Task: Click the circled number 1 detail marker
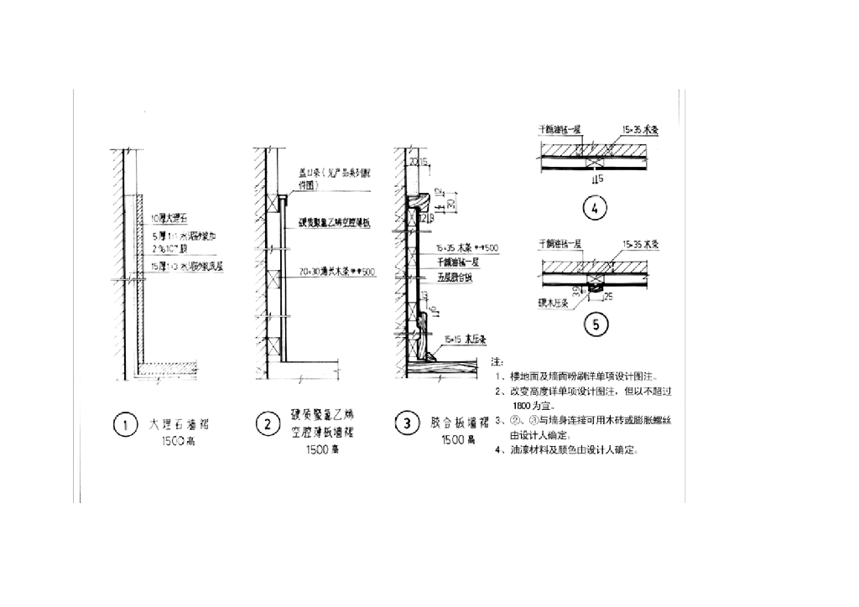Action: click(125, 425)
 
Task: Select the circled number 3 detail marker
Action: click(407, 425)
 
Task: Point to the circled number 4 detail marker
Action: click(595, 210)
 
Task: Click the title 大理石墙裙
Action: click(178, 424)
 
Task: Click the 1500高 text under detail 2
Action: click(321, 450)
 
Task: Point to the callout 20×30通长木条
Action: click(334, 270)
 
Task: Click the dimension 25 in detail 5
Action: click(607, 296)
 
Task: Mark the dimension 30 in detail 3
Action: click(451, 204)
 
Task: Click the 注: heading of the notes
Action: click(496, 361)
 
